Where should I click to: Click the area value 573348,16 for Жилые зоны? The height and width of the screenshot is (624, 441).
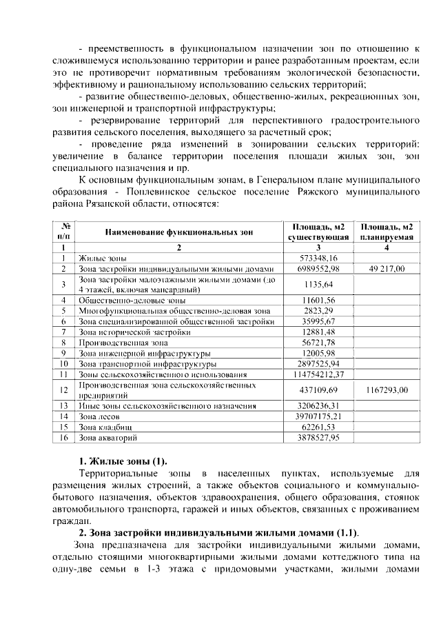318,258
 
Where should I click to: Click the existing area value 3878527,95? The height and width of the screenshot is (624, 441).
318,437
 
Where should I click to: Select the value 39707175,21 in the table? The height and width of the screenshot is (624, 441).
318,416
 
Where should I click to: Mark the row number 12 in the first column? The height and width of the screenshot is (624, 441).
63,390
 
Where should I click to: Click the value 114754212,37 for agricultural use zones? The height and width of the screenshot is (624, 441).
318,374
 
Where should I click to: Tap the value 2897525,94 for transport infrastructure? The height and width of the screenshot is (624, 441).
318,363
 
